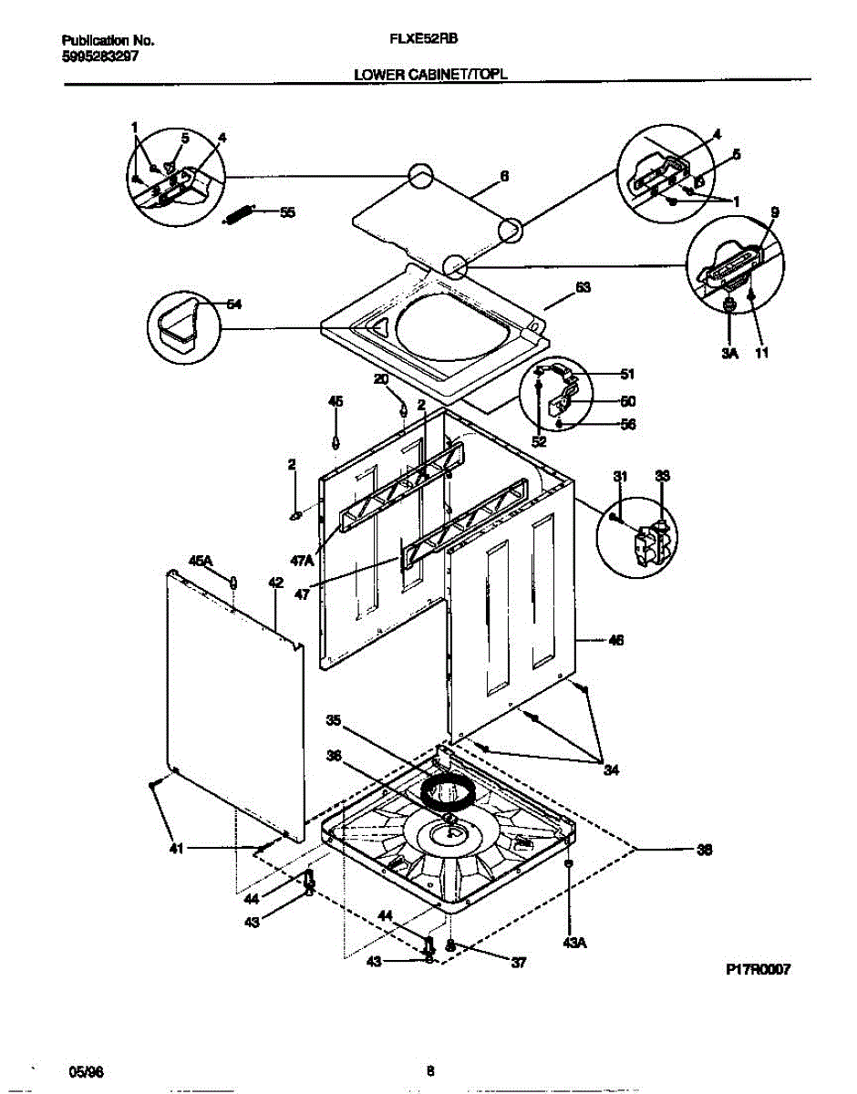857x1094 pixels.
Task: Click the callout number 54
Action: click(233, 304)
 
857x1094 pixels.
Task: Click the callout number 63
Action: click(583, 287)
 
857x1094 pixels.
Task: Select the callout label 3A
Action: click(728, 352)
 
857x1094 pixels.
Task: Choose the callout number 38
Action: click(704, 850)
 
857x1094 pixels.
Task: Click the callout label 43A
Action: click(573, 944)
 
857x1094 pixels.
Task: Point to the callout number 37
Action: click(518, 961)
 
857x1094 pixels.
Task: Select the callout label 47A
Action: click(302, 562)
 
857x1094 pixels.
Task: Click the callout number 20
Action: click(381, 378)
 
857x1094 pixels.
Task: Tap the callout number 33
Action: click(663, 476)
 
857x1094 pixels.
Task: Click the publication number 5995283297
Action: click(100, 55)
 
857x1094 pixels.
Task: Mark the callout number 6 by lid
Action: click(504, 177)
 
